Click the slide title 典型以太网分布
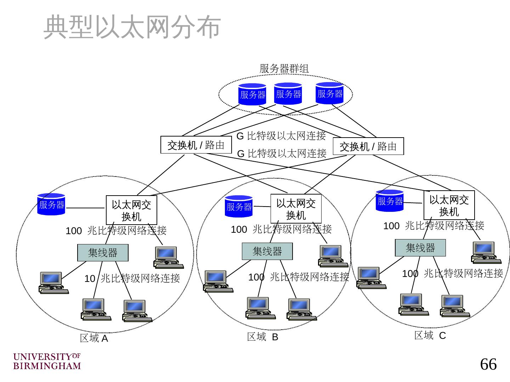[x=132, y=27]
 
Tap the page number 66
[x=488, y=364]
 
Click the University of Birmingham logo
[x=47, y=361]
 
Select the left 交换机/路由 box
[x=196, y=145]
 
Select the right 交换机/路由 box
[x=368, y=146]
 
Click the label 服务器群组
[x=284, y=69]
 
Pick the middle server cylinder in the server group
[x=288, y=94]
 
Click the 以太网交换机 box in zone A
[x=131, y=210]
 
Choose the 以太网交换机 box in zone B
[x=296, y=209]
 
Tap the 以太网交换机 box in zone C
[x=449, y=205]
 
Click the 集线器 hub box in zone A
[x=103, y=253]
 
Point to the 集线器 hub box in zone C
[x=420, y=248]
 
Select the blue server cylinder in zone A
[x=51, y=204]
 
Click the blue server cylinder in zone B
[x=239, y=206]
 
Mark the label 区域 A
[x=94, y=338]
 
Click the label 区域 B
[x=262, y=337]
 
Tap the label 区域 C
[x=430, y=335]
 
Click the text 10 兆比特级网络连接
[x=132, y=278]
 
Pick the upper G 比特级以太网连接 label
[x=281, y=136]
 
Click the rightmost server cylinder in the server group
[x=330, y=93]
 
